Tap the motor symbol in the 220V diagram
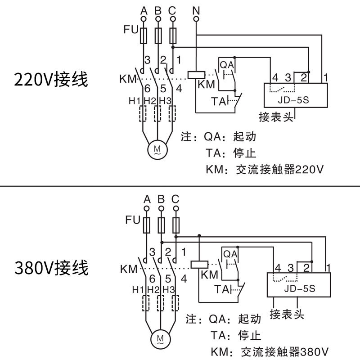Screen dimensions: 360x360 tap(157, 148)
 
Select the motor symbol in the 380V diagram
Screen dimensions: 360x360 tap(159, 337)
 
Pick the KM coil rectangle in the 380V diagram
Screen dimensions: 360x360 tap(198, 264)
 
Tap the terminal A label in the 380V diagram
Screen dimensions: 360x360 tap(147, 198)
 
